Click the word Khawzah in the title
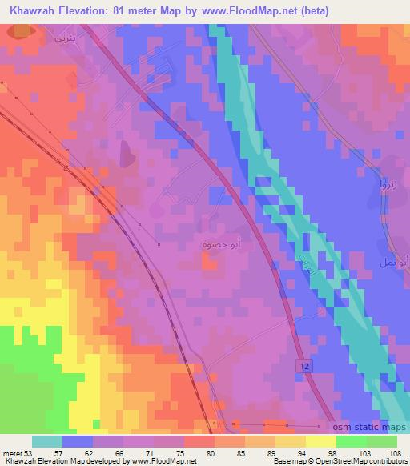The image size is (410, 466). click(32, 10)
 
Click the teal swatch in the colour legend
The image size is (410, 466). click(47, 442)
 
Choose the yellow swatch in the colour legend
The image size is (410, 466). click(320, 442)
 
